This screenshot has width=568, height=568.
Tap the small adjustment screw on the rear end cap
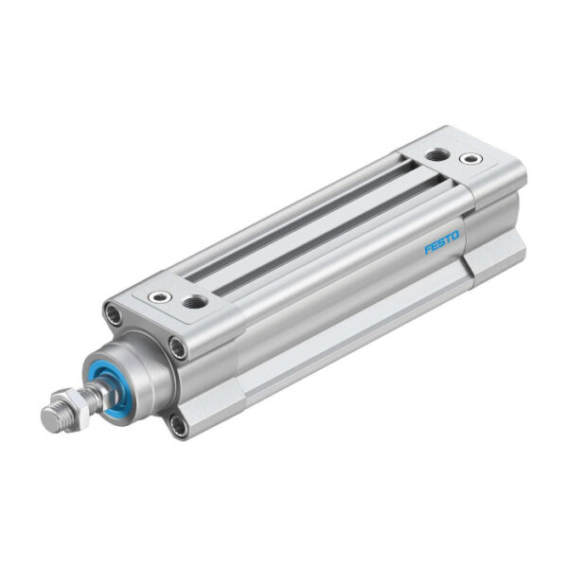tap(467, 158)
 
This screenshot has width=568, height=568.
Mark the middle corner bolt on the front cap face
tap(176, 349)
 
